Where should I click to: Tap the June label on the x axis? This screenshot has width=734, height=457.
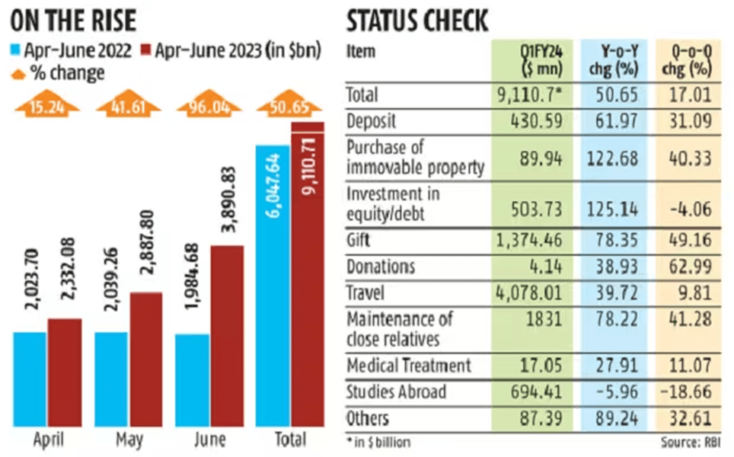[x=209, y=439]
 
